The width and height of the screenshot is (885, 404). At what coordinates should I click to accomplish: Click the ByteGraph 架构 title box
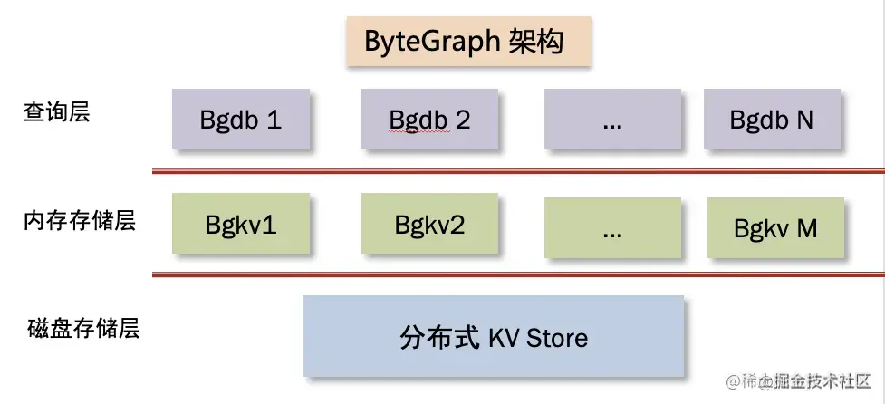(x=468, y=42)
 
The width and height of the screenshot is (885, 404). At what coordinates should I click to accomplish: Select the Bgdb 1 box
(x=241, y=119)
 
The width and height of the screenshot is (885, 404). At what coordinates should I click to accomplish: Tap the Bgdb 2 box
(x=429, y=119)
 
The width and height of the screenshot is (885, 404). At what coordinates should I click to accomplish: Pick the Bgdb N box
(x=772, y=119)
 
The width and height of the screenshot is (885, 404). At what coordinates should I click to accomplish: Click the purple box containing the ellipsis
(x=612, y=119)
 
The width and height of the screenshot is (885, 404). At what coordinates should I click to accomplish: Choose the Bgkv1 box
(x=241, y=224)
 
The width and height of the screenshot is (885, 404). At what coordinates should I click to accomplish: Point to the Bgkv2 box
(x=429, y=224)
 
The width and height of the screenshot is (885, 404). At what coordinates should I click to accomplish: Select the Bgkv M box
(x=775, y=226)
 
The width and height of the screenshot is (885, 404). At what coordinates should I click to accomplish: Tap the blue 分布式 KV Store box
(x=494, y=336)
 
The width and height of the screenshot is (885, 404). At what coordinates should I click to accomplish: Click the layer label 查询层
(x=57, y=113)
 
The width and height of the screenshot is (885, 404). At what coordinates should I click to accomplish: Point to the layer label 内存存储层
(x=80, y=220)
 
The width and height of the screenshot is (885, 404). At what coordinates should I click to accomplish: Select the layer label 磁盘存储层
(x=82, y=327)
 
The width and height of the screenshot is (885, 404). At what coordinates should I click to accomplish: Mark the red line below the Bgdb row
(x=517, y=169)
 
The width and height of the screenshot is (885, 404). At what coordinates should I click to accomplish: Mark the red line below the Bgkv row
(x=517, y=274)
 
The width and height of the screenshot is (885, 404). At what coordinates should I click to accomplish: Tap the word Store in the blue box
(x=556, y=338)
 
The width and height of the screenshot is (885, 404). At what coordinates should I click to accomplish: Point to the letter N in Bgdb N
(x=804, y=120)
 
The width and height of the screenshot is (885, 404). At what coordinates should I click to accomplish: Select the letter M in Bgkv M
(x=807, y=227)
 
